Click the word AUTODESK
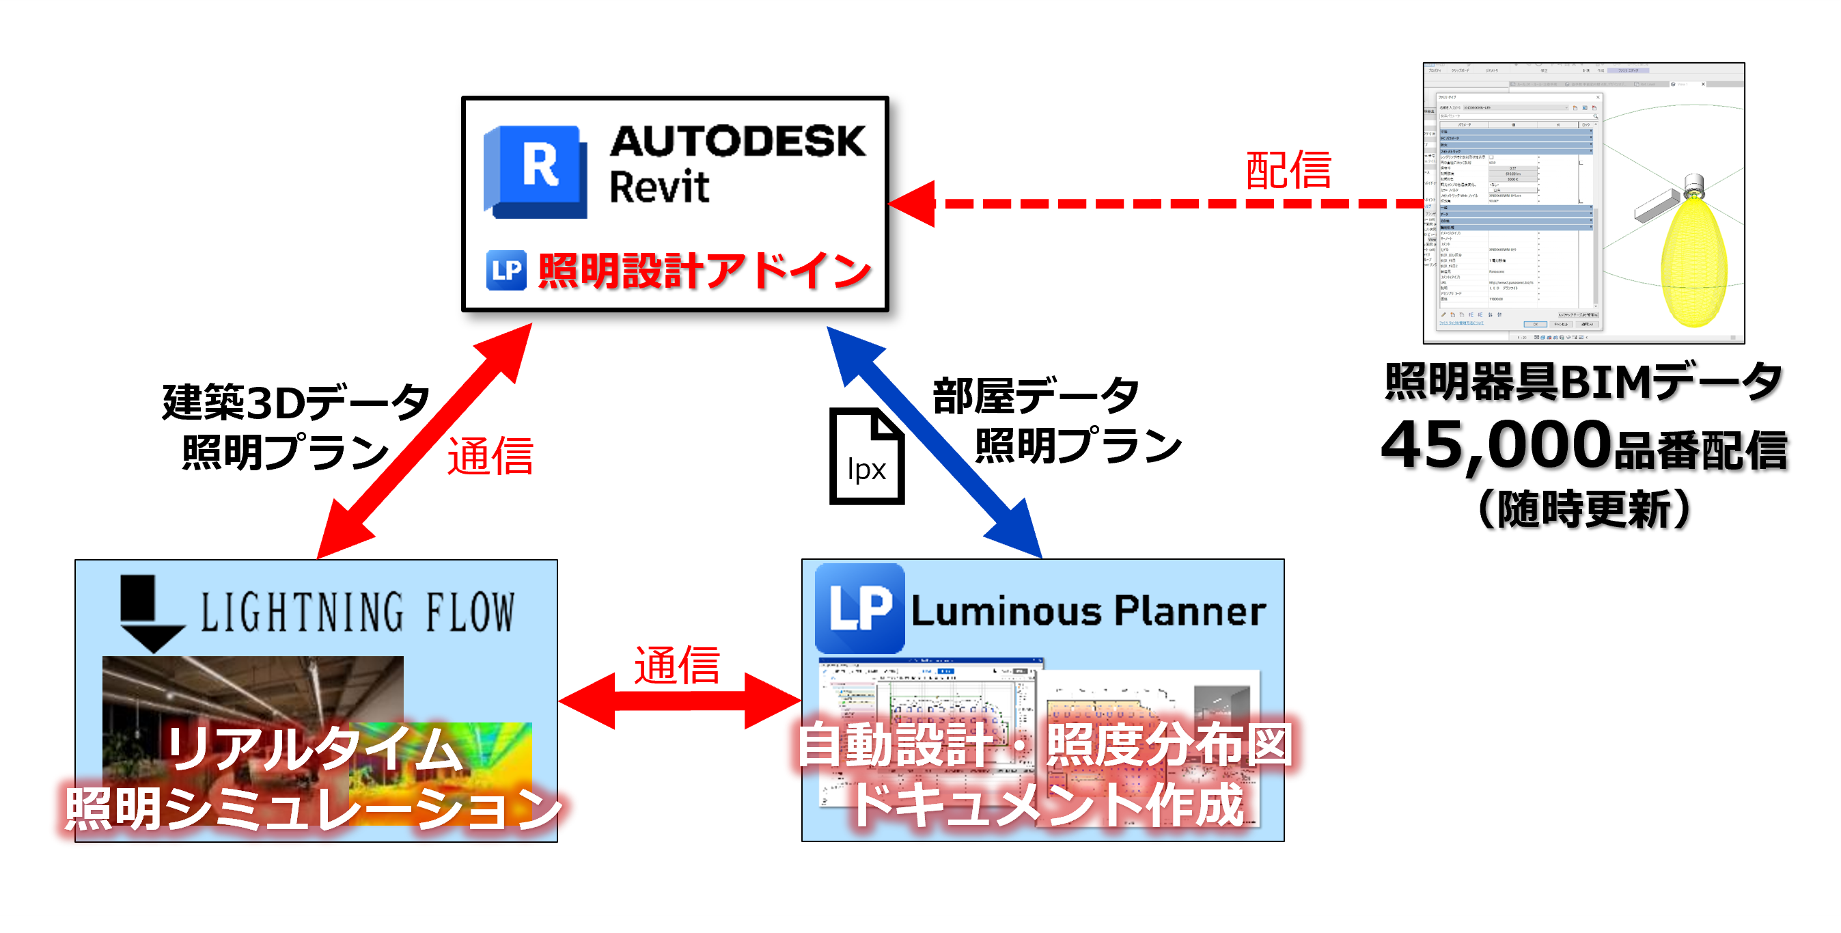click(738, 141)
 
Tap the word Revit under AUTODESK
click(659, 187)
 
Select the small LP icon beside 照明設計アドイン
click(507, 270)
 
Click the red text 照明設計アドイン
click(704, 270)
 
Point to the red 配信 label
click(1288, 171)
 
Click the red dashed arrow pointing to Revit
click(1158, 204)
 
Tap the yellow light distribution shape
click(1693, 261)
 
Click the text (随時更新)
click(1583, 509)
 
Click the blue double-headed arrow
click(937, 444)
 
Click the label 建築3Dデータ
click(296, 402)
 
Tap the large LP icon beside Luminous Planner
click(860, 608)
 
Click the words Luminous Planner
click(1088, 611)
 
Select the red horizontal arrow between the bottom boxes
click(679, 701)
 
